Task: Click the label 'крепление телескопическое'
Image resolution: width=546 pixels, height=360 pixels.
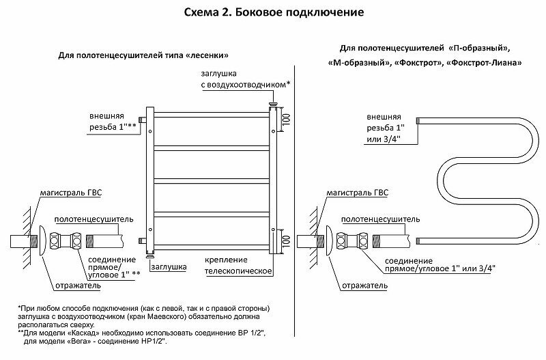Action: click(239, 266)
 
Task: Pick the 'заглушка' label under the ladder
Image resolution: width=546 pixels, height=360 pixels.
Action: click(169, 267)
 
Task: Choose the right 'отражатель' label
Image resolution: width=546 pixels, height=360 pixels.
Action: click(356, 284)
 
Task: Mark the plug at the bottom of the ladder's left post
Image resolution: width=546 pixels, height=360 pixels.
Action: click(149, 256)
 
